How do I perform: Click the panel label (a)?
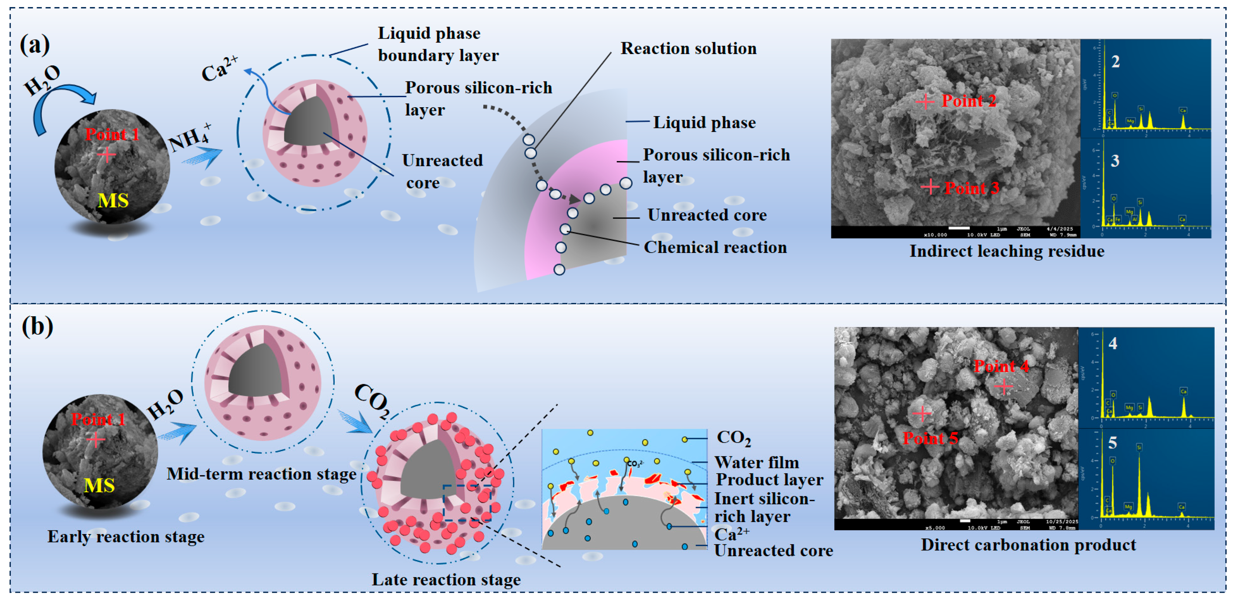(x=34, y=45)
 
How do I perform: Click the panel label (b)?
(x=37, y=327)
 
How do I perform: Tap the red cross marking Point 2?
(x=925, y=102)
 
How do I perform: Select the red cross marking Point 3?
(x=930, y=187)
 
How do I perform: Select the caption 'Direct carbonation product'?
(x=1028, y=545)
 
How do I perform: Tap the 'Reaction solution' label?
(x=688, y=49)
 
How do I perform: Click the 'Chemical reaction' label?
(x=715, y=247)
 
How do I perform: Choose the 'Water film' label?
(x=757, y=462)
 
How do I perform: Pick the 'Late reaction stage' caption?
(x=446, y=580)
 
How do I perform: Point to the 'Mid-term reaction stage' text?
(x=261, y=474)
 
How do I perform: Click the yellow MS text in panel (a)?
(x=113, y=200)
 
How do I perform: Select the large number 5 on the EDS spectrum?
(x=1112, y=443)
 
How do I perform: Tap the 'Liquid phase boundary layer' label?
(x=438, y=44)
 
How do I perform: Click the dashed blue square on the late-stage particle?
(x=467, y=503)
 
